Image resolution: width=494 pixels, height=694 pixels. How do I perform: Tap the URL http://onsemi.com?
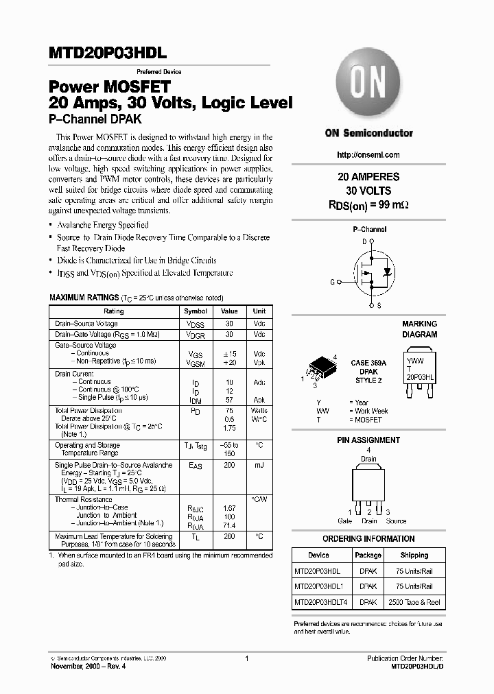click(x=369, y=155)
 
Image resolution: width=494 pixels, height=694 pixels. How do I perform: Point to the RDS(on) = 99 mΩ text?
click(x=369, y=204)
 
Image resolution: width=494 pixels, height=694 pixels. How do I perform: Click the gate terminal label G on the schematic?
click(x=333, y=282)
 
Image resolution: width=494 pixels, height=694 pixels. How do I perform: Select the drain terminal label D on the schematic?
click(x=364, y=241)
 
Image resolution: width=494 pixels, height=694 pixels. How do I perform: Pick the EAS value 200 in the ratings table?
click(x=228, y=465)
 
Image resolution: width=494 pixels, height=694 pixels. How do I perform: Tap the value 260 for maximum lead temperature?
click(x=228, y=536)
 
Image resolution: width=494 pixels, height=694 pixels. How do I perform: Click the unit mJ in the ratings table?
click(x=259, y=465)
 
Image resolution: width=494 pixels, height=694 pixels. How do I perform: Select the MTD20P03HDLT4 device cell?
click(x=321, y=602)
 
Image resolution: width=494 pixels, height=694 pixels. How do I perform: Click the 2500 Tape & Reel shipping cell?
click(x=414, y=602)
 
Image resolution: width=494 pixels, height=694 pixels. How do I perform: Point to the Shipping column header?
click(x=414, y=555)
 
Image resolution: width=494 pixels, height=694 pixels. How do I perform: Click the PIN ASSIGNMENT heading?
click(x=368, y=440)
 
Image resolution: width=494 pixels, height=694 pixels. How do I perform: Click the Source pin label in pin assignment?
click(x=395, y=521)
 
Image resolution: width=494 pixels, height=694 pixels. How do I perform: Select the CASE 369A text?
click(x=368, y=363)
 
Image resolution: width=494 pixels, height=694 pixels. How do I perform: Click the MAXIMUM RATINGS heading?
click(x=83, y=298)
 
